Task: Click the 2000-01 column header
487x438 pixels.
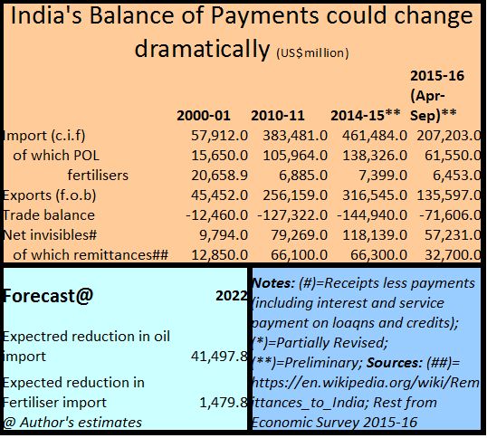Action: click(x=204, y=116)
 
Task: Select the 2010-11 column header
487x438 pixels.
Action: click(x=278, y=116)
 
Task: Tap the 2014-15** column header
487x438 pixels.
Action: click(x=366, y=115)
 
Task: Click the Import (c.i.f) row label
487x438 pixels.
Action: click(x=43, y=136)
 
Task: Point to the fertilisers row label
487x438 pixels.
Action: click(x=98, y=175)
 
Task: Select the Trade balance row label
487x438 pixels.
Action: click(x=49, y=215)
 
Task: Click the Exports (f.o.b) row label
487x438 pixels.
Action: click(x=50, y=195)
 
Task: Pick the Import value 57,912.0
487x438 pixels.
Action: click(x=220, y=136)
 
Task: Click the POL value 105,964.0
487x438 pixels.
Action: click(x=295, y=156)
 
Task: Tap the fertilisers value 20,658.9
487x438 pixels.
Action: click(x=220, y=176)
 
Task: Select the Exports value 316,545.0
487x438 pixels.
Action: click(x=375, y=195)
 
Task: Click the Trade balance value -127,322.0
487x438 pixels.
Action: click(x=292, y=215)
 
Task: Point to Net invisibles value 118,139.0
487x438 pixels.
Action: click(x=375, y=235)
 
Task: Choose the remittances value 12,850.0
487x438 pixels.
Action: click(x=220, y=255)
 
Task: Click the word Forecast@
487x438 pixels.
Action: click(x=48, y=296)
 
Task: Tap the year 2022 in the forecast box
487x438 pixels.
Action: click(x=232, y=296)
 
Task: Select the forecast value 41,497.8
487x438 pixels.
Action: click(x=219, y=357)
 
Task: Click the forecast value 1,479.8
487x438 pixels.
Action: click(x=224, y=403)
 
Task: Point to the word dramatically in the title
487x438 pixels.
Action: click(x=202, y=49)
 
